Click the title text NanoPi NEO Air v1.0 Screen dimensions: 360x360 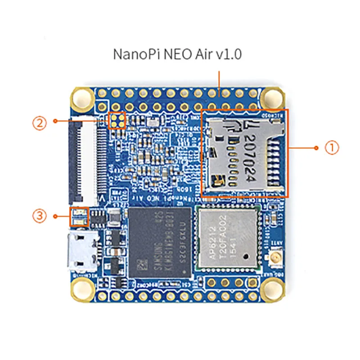(177, 55)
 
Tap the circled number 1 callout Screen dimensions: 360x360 (332, 148)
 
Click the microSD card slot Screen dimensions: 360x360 (243, 153)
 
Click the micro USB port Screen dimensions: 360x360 (78, 252)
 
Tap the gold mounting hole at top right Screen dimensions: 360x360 (272, 96)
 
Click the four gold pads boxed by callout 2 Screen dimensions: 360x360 (118, 120)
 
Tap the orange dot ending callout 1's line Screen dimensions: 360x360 (316, 148)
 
